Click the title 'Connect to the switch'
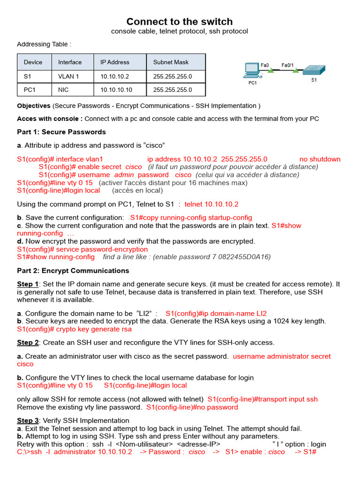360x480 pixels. pos(180,22)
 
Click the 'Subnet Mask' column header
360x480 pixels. pos(171,62)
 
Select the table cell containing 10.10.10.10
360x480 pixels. pos(116,90)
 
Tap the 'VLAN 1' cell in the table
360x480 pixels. pos(68,76)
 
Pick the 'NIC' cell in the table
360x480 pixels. pos(63,90)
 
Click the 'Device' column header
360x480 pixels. pos(33,62)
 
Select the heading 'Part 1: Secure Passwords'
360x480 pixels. pos(61,132)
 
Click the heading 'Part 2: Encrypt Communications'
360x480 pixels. pos(73,270)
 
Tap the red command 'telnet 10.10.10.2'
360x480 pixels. pos(211,204)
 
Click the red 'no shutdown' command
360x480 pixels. pos(320,159)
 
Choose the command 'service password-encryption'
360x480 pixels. pos(102,249)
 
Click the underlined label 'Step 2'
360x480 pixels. pos(28,342)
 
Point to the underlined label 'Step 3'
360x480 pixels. pos(28,420)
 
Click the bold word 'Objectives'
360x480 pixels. pos(34,105)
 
